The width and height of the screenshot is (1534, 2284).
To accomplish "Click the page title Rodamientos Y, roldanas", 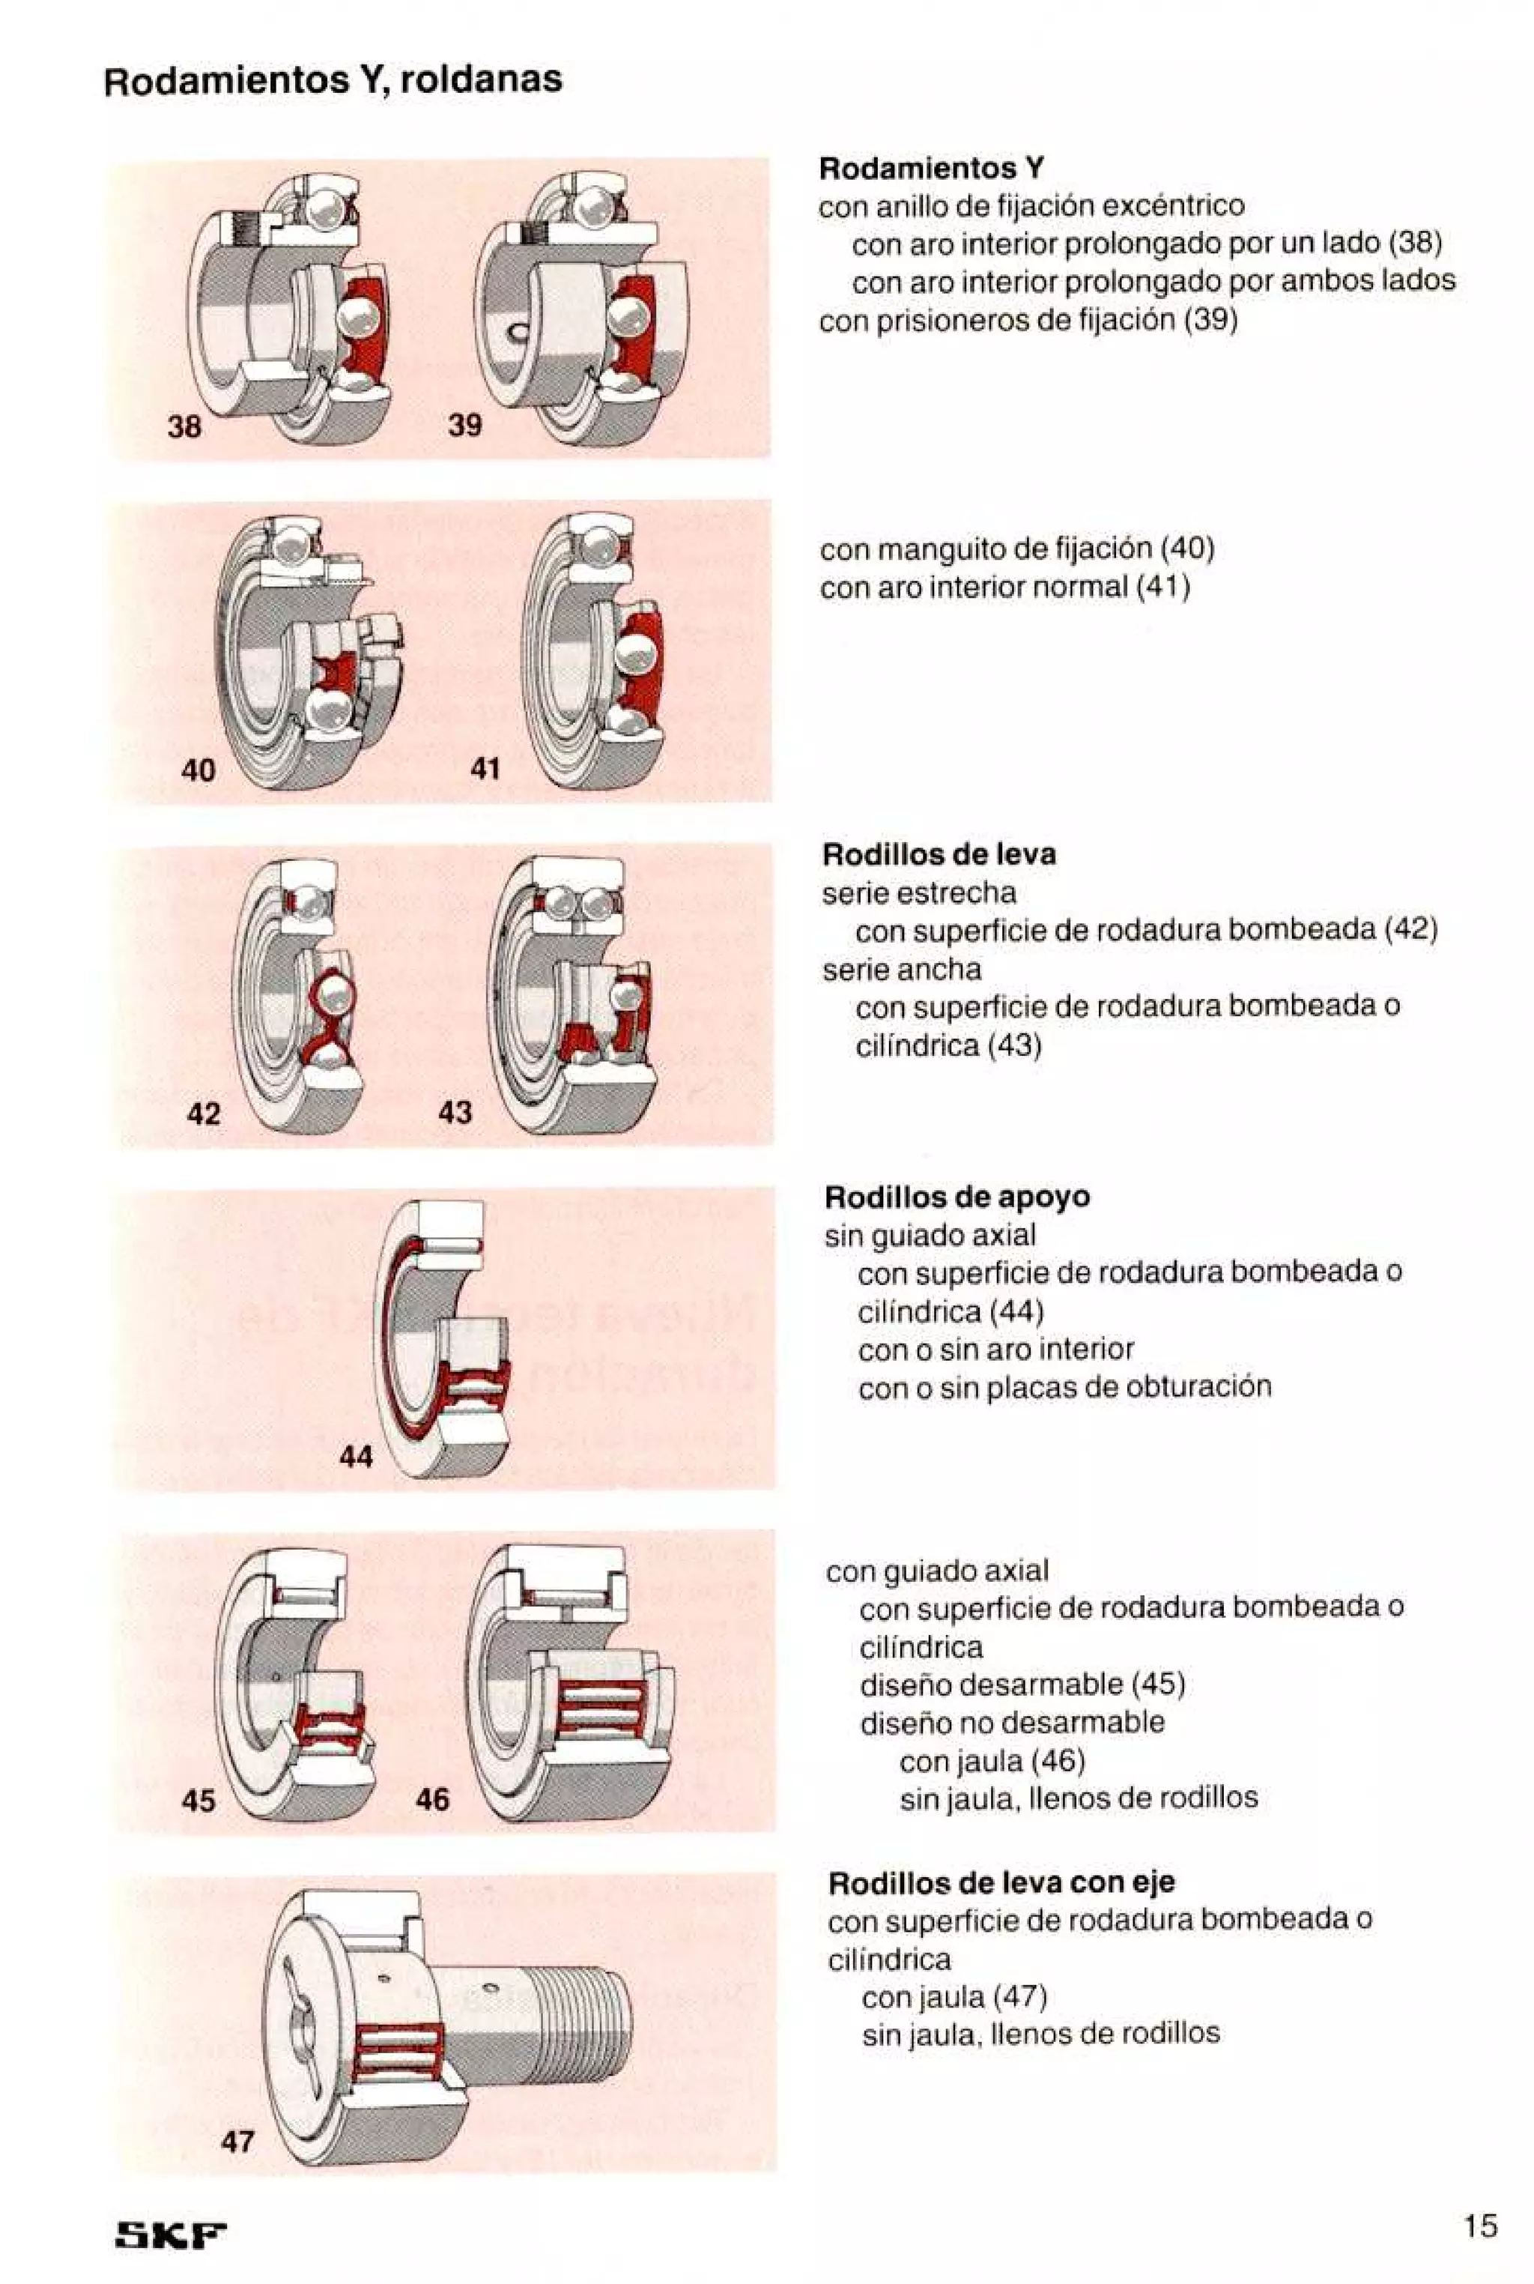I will pos(333,80).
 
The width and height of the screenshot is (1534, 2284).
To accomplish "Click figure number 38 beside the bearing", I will pos(184,426).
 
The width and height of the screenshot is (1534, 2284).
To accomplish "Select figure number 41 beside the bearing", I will pos(485,769).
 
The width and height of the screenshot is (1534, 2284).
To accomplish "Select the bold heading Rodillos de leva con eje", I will pos(1001,1882).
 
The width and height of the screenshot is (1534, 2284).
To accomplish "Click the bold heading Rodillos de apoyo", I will pos(957,1197).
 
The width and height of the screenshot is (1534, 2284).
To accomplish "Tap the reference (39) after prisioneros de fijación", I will pos(1210,320).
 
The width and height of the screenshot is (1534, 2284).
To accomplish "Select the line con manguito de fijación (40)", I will pos(1016,549).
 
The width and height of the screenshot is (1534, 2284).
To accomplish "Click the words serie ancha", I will pos(901,969).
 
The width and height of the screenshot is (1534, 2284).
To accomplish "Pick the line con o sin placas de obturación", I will pos(1064,1386).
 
